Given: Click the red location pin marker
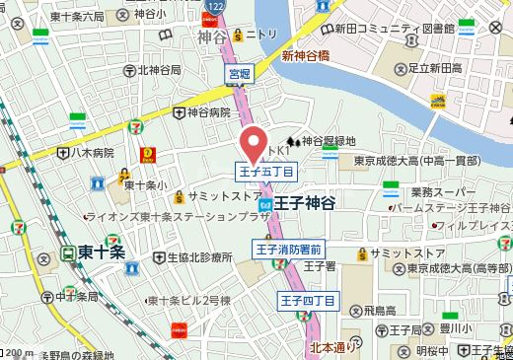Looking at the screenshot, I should pyautogui.click(x=256, y=144).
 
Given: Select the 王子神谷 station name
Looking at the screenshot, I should pyautogui.click(x=305, y=202).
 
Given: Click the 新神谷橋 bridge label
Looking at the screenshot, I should pyautogui.click(x=307, y=56).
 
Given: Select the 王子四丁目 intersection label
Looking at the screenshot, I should pyautogui.click(x=308, y=300).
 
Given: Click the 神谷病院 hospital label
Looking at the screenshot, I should pyautogui.click(x=211, y=113).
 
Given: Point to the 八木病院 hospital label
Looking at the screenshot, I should pyautogui.click(x=92, y=153).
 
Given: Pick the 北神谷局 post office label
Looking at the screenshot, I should pyautogui.click(x=158, y=70).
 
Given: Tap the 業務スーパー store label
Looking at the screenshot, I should pyautogui.click(x=445, y=191).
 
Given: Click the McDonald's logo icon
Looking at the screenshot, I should pyautogui.click(x=148, y=154).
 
